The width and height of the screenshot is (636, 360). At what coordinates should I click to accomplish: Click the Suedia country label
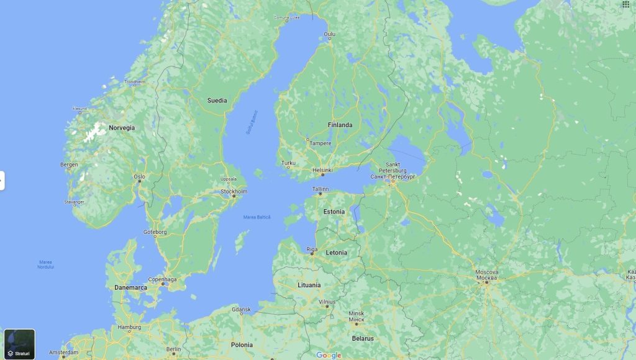[217, 101]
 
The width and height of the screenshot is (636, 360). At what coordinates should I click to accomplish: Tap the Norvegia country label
[122, 128]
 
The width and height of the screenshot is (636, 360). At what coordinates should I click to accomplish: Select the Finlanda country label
[340, 125]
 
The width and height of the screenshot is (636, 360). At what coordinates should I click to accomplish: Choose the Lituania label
[309, 285]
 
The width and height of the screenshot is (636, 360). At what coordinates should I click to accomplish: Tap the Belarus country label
[363, 338]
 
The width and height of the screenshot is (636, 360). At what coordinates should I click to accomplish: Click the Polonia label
[242, 344]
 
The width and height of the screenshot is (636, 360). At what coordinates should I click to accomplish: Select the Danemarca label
[131, 288]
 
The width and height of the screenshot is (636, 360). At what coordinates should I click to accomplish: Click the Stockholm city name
[234, 192]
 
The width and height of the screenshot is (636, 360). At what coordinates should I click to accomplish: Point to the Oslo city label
[140, 177]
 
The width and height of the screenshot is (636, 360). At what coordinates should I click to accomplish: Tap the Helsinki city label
[322, 170]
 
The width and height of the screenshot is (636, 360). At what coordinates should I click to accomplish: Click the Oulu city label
[329, 34]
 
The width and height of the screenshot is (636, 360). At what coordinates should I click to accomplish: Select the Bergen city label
[69, 164]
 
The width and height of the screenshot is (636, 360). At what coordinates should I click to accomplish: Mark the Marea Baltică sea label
[257, 217]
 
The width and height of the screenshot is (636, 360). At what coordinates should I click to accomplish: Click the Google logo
[329, 355]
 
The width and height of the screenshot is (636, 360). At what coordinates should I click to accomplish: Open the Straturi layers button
[19, 344]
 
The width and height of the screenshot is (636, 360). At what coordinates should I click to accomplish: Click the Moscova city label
[487, 272]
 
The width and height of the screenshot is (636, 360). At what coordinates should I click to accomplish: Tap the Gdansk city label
[241, 309]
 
